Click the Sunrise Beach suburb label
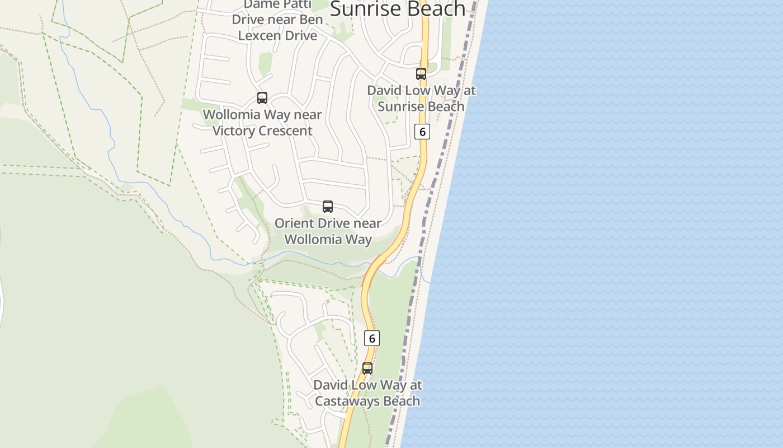coord(398,8)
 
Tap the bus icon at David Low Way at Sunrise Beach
coord(421,73)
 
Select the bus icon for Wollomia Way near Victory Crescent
coord(262,98)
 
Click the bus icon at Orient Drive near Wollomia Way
coord(328,207)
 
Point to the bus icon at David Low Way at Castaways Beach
coord(367,368)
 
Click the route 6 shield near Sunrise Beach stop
coord(422,132)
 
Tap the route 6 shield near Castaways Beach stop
coord(372,338)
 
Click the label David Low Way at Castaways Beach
coord(367,393)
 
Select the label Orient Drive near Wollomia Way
coord(328,231)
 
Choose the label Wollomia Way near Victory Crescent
coord(262,123)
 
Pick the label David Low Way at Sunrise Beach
coord(421,98)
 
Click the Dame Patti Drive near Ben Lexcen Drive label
coord(277,20)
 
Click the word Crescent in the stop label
coord(286,131)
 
